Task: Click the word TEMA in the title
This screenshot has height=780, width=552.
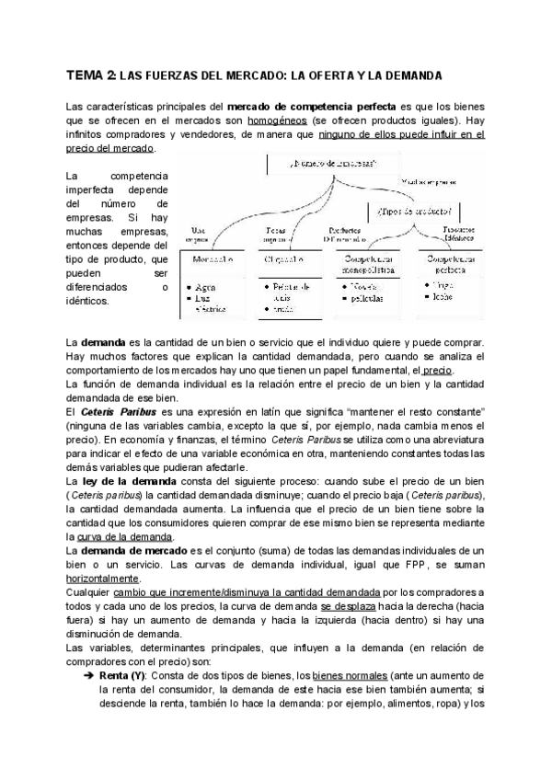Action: tap(86, 74)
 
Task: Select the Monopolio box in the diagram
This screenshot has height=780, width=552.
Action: tap(213, 261)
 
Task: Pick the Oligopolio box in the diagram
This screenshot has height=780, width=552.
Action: tap(284, 261)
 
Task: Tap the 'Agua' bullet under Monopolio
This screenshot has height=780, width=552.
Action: tap(208, 287)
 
